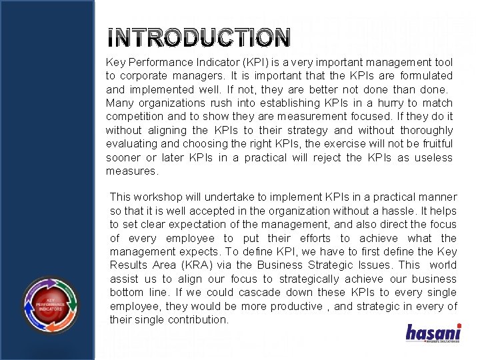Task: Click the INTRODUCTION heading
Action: [x=199, y=38]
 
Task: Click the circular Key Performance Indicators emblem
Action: [x=51, y=294]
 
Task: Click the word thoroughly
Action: [x=423, y=130]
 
